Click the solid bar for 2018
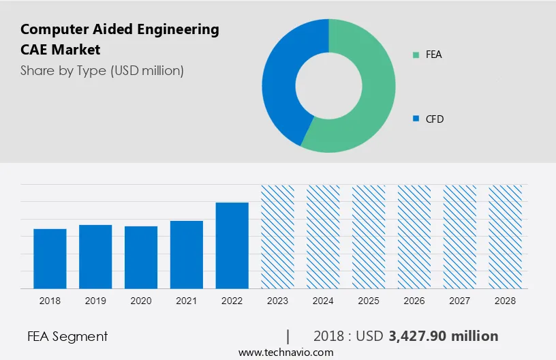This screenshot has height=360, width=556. coord(50,258)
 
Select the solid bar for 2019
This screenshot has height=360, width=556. coord(95,256)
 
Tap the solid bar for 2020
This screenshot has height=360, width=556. coord(141,257)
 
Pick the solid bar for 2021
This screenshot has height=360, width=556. coord(187,254)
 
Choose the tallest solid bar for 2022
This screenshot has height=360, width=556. coord(232,245)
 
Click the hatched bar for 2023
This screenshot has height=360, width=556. coord(277,237)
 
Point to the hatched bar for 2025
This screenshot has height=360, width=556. coord(369,237)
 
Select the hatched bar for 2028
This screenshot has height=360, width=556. coord(506,237)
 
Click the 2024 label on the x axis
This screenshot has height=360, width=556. coord(323,300)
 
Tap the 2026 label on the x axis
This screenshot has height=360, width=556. coord(414,300)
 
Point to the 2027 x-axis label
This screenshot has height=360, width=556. coord(460,300)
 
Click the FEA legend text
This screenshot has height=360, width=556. coord(434,55)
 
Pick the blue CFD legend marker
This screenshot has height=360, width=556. coord(416,119)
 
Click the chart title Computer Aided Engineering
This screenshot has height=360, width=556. coord(120,29)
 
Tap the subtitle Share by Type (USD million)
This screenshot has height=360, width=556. coord(102,70)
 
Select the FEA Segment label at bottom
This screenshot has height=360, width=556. coord(67,336)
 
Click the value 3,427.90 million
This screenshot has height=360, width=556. coord(444,336)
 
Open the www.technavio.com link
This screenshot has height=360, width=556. coord(285,352)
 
